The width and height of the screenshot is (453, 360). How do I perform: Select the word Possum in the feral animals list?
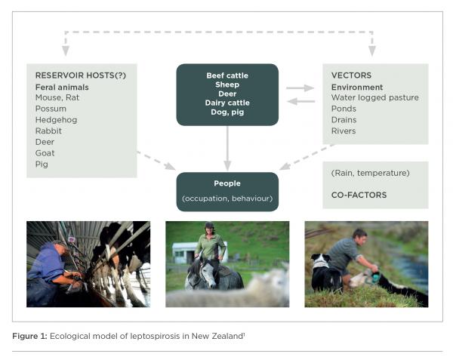(x=51, y=109)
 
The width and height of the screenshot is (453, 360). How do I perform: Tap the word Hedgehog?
(x=56, y=119)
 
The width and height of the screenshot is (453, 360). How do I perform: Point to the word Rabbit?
(x=49, y=131)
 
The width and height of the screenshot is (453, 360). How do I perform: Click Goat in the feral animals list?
(x=45, y=152)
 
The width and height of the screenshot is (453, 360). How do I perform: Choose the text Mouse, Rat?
(x=58, y=98)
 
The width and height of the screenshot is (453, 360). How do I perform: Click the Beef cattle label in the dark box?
(x=227, y=75)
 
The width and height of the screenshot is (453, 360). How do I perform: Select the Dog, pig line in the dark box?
(x=227, y=112)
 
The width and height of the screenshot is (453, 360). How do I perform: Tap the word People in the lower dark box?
(x=227, y=183)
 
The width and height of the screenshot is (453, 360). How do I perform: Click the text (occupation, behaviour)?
(x=227, y=198)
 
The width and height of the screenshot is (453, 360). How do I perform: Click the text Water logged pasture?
(x=374, y=98)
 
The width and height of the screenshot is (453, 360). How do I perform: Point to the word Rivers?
(x=344, y=131)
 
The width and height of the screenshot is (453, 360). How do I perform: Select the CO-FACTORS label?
(x=359, y=195)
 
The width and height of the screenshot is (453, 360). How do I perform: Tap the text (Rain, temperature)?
(x=370, y=173)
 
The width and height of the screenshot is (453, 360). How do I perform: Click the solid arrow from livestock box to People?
(x=227, y=148)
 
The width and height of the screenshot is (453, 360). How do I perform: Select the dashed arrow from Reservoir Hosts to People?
(x=156, y=160)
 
